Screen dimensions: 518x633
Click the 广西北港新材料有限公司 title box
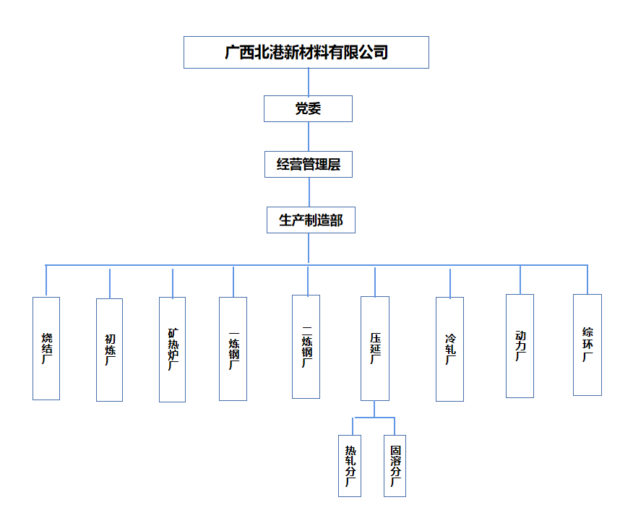click(306, 53)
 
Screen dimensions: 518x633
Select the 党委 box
click(308, 109)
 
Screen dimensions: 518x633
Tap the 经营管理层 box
click(309, 165)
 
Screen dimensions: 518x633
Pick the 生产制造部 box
click(311, 220)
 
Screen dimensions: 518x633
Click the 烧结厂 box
click(46, 348)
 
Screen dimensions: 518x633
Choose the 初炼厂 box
click(109, 350)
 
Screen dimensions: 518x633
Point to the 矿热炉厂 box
click(172, 349)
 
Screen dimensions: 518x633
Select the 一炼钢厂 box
click(233, 349)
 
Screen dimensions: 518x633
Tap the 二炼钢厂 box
click(306, 346)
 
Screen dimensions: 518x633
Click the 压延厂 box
click(375, 348)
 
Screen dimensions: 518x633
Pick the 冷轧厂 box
click(450, 349)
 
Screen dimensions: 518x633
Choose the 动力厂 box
click(520, 345)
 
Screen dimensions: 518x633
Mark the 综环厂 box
click(587, 345)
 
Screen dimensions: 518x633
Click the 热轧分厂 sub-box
click(350, 465)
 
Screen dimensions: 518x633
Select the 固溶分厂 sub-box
click(395, 465)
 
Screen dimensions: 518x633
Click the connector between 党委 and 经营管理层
click(309, 137)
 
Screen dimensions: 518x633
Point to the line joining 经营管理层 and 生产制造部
click(309, 192)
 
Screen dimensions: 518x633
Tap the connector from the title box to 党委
click(309, 82)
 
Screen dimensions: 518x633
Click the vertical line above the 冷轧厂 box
click(450, 283)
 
